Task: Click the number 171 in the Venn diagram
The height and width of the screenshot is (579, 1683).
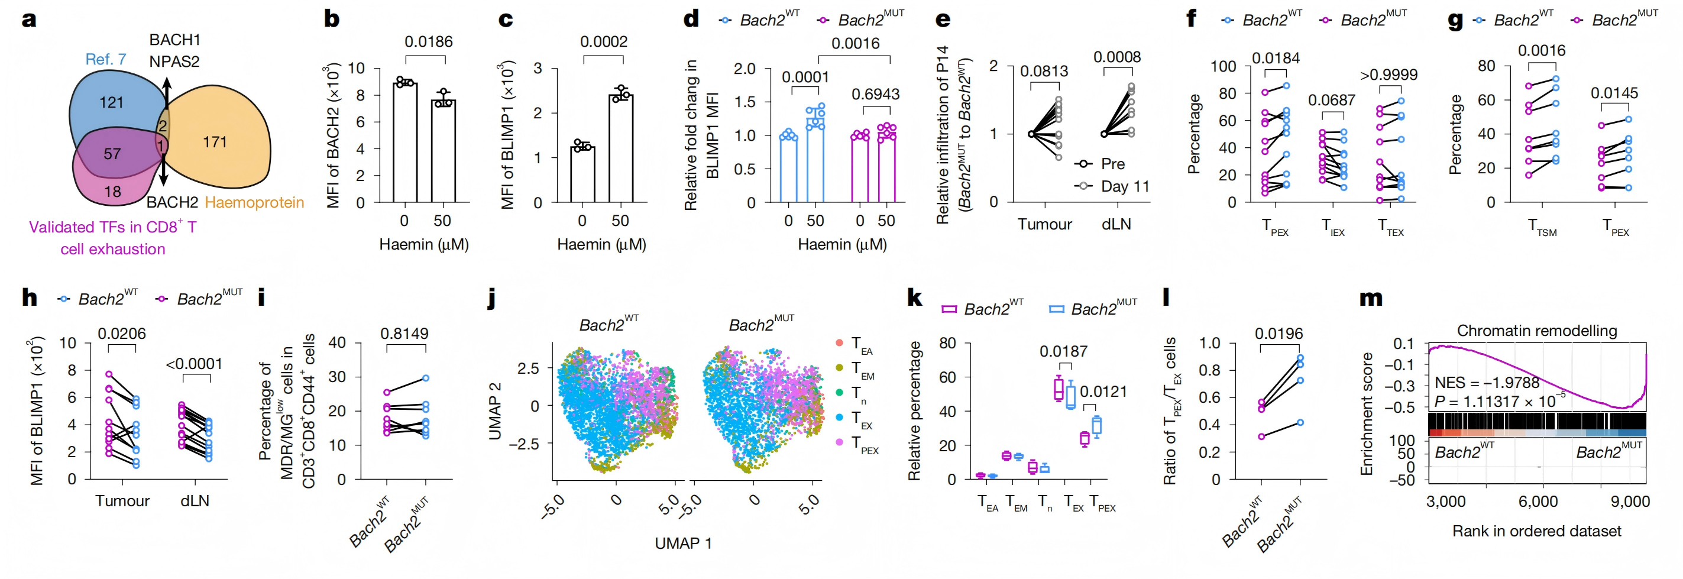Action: tap(214, 142)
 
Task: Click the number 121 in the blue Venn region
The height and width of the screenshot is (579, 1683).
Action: tap(111, 102)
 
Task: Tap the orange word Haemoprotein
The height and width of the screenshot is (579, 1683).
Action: tap(254, 203)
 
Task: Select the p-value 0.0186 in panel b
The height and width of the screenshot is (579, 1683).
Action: tap(428, 42)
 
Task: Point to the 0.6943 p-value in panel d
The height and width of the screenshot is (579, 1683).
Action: tap(875, 94)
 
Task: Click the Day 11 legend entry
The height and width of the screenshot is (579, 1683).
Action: tap(1124, 186)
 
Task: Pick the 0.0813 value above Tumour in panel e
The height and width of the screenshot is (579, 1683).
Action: tap(1043, 71)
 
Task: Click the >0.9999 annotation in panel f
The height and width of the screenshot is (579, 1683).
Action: tap(1389, 75)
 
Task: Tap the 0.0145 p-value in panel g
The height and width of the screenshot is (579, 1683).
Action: tap(1614, 93)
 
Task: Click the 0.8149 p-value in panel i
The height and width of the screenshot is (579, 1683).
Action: tap(404, 334)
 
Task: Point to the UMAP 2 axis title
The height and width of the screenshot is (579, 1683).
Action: tap(495, 411)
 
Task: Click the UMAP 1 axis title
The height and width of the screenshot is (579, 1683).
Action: tap(683, 543)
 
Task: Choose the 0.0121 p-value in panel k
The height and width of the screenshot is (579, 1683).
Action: tap(1103, 392)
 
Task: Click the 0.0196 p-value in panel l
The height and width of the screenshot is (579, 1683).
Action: tap(1279, 334)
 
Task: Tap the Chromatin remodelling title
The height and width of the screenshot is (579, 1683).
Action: tap(1537, 331)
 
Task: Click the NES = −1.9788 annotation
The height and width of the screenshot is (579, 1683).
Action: tap(1486, 382)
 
